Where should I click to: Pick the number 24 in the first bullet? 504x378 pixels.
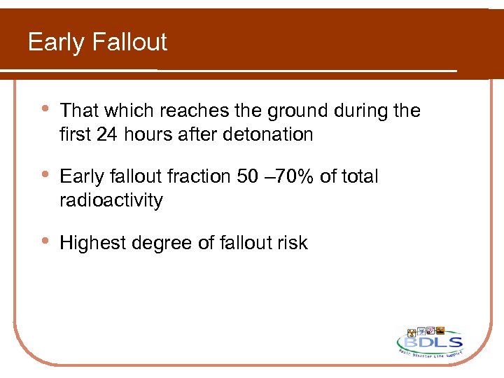click(x=107, y=134)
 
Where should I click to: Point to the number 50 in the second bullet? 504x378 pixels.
click(x=248, y=177)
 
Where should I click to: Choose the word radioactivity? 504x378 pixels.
click(x=111, y=200)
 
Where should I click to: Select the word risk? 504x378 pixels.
click(x=292, y=243)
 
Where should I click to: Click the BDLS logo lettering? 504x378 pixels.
click(x=430, y=343)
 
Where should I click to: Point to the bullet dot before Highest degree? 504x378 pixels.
click(x=45, y=241)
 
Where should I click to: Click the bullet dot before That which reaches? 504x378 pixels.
click(x=45, y=109)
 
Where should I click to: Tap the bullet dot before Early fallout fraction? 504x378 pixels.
click(x=45, y=176)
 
